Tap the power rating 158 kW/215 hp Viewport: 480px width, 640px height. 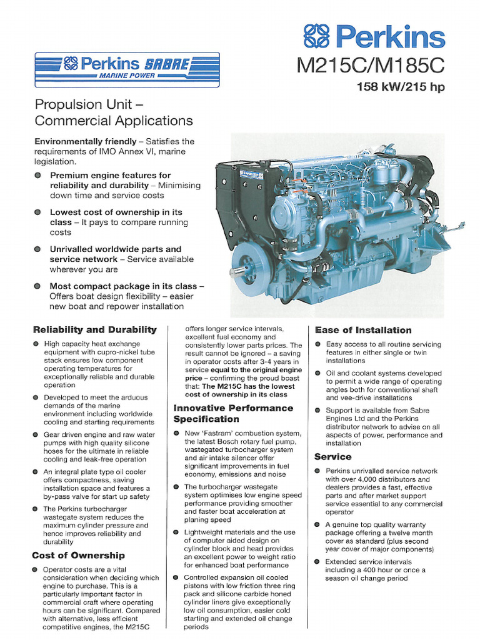[x=401, y=87]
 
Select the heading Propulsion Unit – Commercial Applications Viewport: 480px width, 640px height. [x=114, y=112]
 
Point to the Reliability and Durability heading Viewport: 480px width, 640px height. [x=94, y=329]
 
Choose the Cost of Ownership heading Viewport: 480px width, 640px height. [x=78, y=555]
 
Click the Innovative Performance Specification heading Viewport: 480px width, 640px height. [x=233, y=413]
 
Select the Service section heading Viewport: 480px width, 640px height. [x=333, y=457]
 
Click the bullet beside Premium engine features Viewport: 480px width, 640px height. [x=39, y=176]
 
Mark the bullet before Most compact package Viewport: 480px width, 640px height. [x=39, y=286]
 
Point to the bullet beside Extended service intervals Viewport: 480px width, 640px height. [x=318, y=562]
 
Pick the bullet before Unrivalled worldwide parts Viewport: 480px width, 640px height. [x=39, y=249]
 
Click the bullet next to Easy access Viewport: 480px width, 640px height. [x=318, y=344]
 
